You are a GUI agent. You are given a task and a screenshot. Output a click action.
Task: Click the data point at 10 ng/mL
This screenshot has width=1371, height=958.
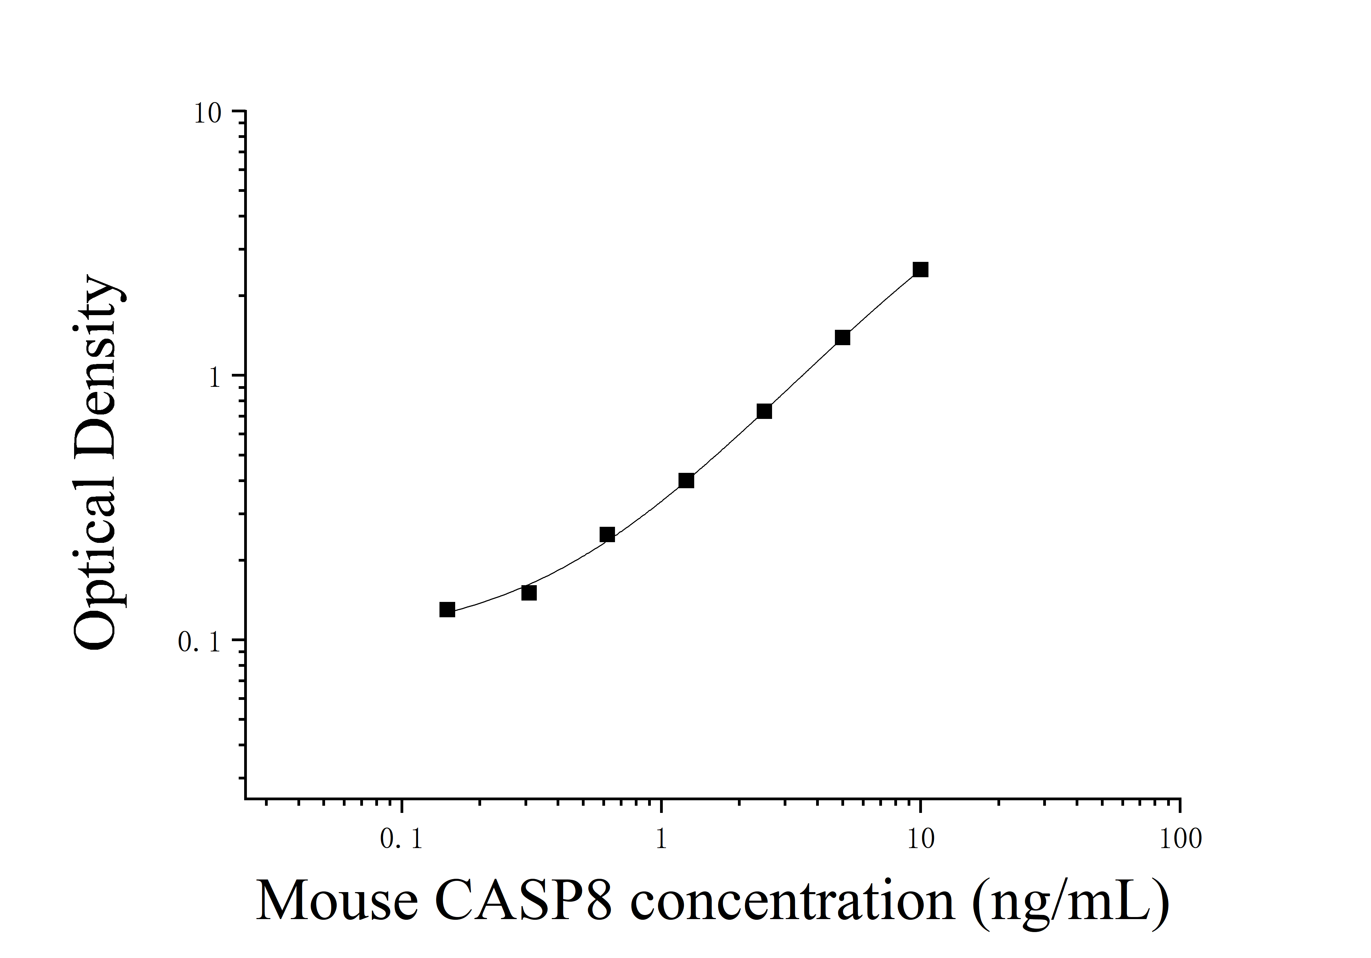[x=920, y=270]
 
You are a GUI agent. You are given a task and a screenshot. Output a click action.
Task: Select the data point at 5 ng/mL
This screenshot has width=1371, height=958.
[x=842, y=338]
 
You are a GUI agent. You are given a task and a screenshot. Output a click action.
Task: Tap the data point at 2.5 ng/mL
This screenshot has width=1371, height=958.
[x=764, y=411]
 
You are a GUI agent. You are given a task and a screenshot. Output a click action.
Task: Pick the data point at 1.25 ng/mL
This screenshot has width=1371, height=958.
[x=686, y=480]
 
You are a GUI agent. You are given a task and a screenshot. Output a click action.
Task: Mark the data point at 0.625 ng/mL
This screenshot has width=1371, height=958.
[x=607, y=534]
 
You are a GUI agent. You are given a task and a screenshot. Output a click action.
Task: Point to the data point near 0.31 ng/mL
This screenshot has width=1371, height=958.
[x=529, y=593]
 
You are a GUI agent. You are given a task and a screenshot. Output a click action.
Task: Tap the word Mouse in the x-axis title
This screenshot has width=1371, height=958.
[x=337, y=901]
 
